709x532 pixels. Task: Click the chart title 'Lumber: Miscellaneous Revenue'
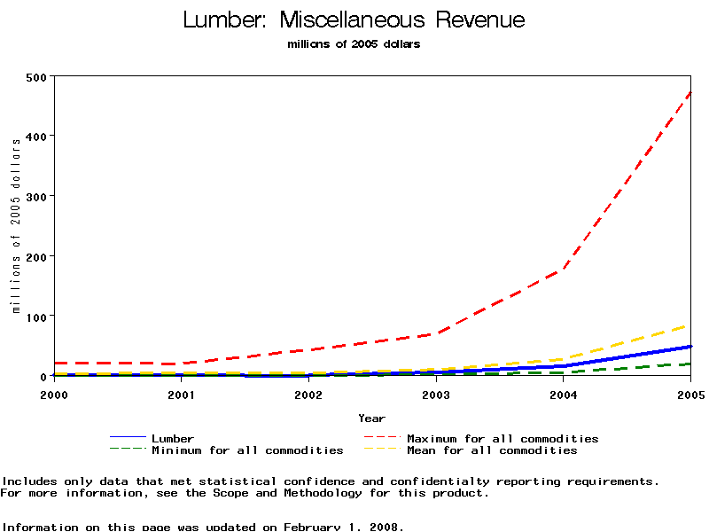tap(354, 20)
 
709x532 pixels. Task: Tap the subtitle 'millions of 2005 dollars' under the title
tap(354, 44)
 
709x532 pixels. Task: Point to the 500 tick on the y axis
tap(37, 76)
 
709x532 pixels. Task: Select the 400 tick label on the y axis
tap(37, 136)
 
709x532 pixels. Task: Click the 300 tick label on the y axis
tap(37, 196)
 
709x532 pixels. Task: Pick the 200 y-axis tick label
tap(37, 256)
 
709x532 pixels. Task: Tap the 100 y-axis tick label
tap(37, 317)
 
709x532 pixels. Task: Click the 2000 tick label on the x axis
tap(54, 394)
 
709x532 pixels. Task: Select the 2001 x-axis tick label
tap(182, 394)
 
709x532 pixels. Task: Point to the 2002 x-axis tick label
tap(308, 394)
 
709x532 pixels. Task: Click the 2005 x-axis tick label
tap(690, 394)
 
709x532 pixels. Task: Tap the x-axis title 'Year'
tap(371, 418)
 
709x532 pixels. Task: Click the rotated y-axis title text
tap(16, 225)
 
